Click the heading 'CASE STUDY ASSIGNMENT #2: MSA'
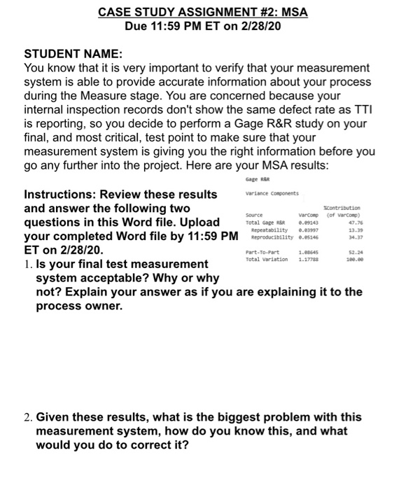click(x=202, y=13)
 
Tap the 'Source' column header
click(x=254, y=215)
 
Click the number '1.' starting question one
click(x=29, y=265)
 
